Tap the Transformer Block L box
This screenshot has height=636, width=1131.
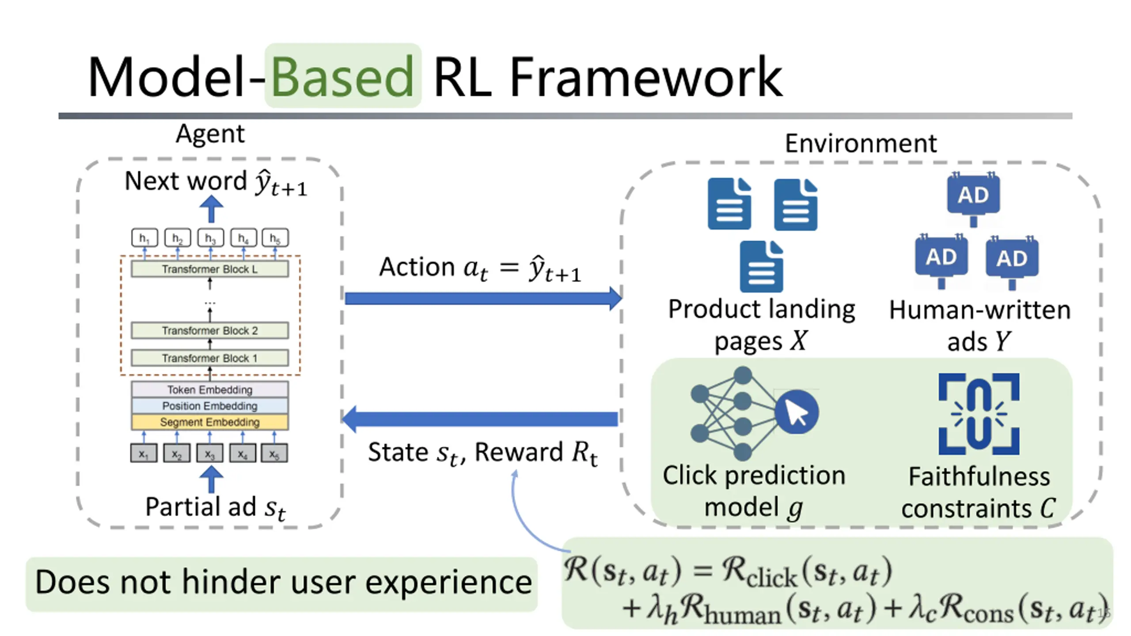tap(210, 269)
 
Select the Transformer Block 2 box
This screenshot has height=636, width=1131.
tap(210, 330)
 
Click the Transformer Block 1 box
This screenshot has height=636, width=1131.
tap(210, 358)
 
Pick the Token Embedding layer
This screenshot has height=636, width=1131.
tap(210, 390)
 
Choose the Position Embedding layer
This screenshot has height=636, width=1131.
tap(210, 405)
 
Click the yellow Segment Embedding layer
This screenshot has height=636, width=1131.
tap(210, 422)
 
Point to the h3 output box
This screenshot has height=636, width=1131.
tap(210, 238)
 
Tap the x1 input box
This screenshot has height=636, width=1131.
tap(144, 454)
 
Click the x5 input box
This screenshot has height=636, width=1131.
tap(274, 454)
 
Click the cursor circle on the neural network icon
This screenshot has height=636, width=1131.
tap(797, 412)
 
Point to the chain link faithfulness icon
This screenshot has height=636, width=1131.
tap(979, 414)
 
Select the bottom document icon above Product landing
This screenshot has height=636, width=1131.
tap(761, 267)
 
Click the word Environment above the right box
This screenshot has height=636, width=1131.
tap(860, 143)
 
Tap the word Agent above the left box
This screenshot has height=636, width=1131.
tap(210, 133)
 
